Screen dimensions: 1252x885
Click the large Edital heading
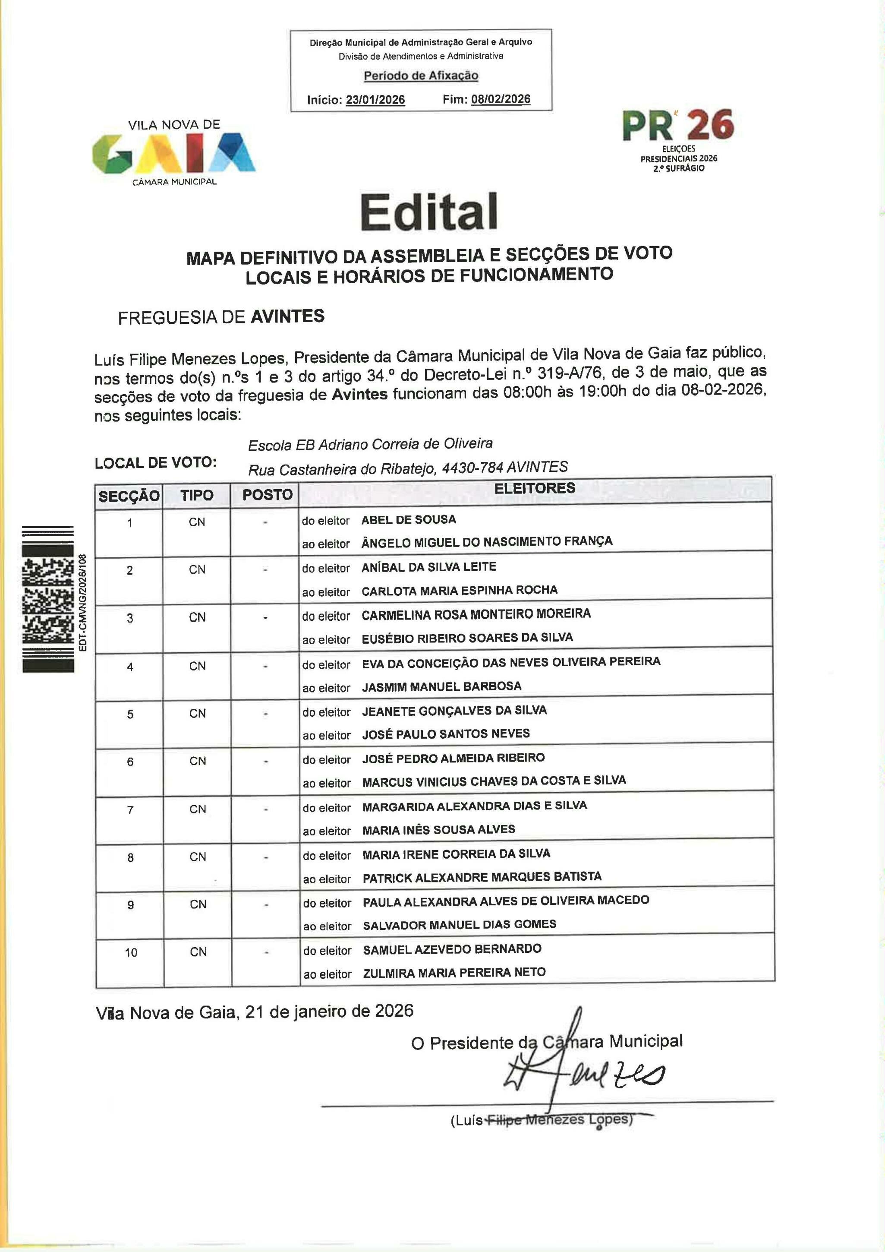click(429, 212)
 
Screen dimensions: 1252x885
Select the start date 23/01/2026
click(375, 100)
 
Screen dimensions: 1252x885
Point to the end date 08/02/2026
click(500, 99)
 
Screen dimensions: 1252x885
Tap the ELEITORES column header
click(535, 489)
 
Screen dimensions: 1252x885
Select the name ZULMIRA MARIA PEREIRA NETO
click(454, 972)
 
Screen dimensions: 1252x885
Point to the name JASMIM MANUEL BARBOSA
click(441, 686)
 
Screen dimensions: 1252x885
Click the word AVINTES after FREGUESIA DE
click(287, 316)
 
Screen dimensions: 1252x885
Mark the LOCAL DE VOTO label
click(156, 463)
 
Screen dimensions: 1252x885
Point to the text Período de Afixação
click(421, 76)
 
